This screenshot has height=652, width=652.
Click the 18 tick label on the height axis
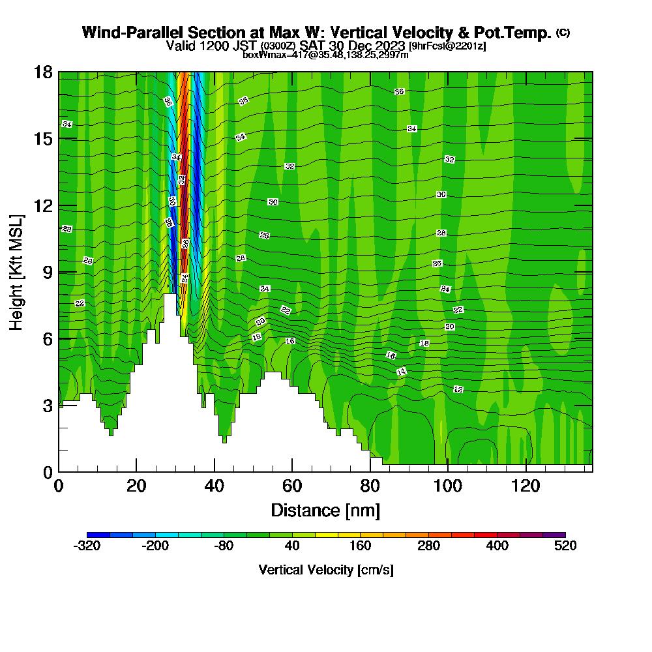[x=44, y=72]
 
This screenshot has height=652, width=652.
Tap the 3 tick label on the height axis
[x=47, y=406]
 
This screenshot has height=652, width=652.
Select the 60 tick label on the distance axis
[x=291, y=486]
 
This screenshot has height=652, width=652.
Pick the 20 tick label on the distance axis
[x=136, y=486]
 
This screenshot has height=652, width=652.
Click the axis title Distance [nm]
[x=325, y=510]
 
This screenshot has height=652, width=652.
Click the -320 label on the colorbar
[x=87, y=546]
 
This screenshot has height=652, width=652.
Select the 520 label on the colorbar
[x=565, y=546]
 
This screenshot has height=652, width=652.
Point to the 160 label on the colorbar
[x=360, y=546]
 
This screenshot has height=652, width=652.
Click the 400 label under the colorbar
[x=497, y=546]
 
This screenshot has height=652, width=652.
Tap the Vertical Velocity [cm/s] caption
[x=325, y=570]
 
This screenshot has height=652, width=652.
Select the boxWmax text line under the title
[x=325, y=55]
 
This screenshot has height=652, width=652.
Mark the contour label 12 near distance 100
[x=458, y=389]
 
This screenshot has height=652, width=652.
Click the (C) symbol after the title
[x=563, y=33]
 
